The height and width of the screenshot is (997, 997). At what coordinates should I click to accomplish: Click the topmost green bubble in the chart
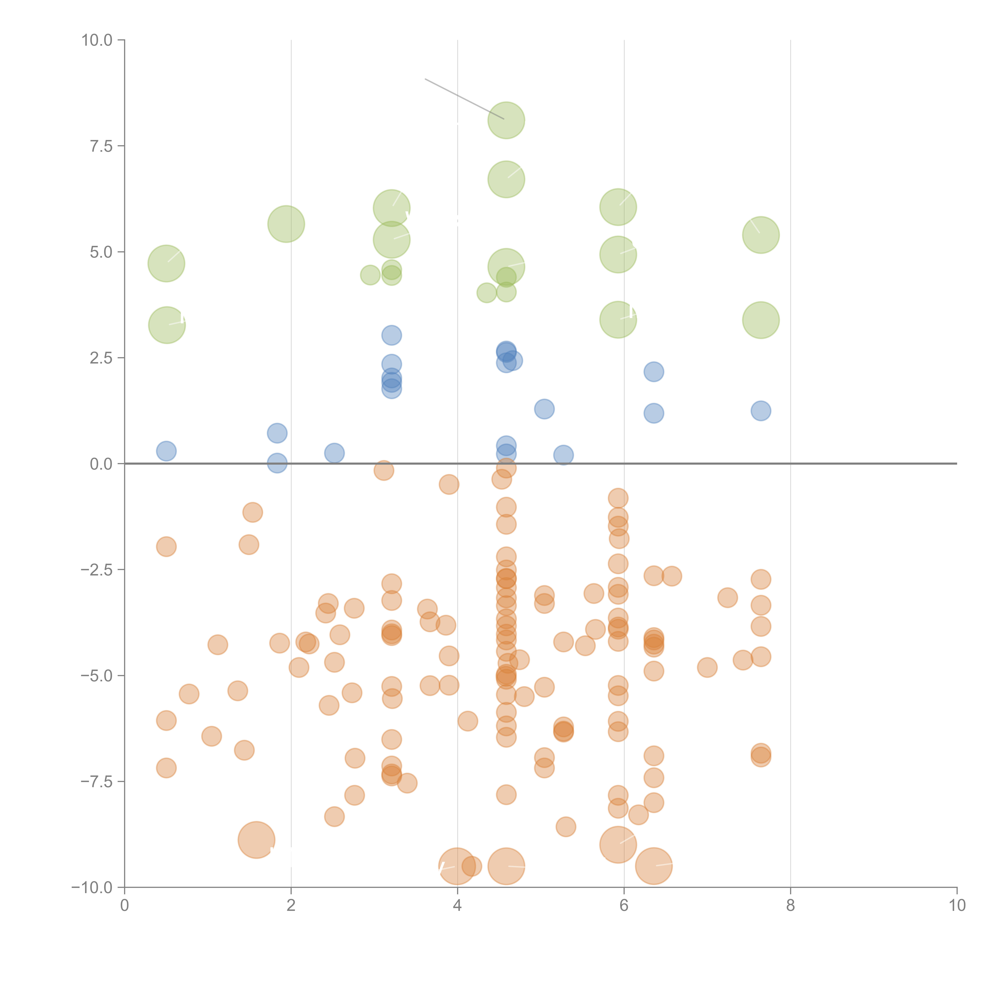[506, 120]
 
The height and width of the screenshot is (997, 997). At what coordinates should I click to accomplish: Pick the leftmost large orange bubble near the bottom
[256, 840]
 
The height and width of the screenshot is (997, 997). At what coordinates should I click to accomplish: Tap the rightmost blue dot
[761, 411]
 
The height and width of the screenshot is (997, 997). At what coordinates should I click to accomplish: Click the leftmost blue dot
[166, 451]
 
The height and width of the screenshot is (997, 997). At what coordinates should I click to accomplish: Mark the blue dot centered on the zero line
[277, 463]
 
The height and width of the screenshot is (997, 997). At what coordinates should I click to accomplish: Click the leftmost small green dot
[370, 275]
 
